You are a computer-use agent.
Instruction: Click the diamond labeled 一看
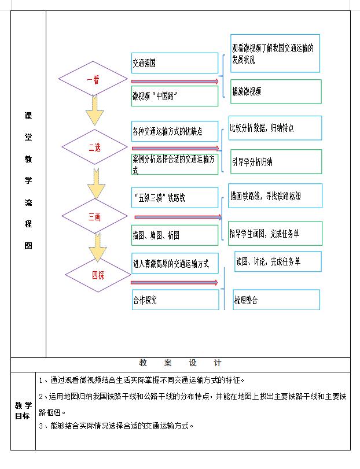93,80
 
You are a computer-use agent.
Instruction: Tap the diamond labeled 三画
95,217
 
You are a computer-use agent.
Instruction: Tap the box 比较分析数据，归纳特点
275,128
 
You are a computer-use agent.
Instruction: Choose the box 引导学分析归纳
275,162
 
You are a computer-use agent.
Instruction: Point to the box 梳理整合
276,300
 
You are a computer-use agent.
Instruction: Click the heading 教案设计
181,363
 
